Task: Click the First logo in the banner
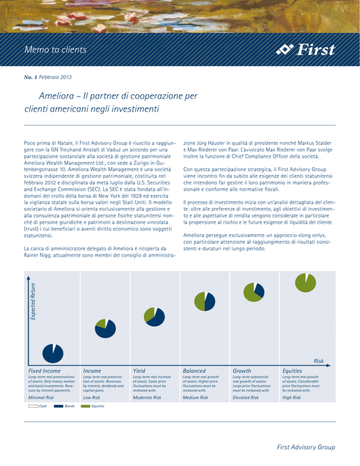click(x=306, y=49)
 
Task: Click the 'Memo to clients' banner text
click(x=55, y=49)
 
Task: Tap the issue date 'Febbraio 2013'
click(x=55, y=77)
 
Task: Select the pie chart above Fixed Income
click(x=53, y=353)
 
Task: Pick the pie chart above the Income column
click(x=105, y=328)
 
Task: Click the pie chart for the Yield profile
click(x=154, y=317)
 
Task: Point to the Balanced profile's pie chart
click(x=204, y=301)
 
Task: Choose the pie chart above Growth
click(x=254, y=292)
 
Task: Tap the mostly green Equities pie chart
click(x=305, y=283)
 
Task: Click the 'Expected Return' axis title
click(x=33, y=301)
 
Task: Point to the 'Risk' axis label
click(x=319, y=361)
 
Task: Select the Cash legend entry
click(x=38, y=406)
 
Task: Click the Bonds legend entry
click(x=64, y=406)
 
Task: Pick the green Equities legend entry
click(x=93, y=406)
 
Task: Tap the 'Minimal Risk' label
click(x=41, y=398)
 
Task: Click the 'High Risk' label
click(x=292, y=398)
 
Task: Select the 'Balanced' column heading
click(x=194, y=371)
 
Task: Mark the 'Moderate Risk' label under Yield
click(x=147, y=398)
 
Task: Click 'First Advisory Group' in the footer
click(x=306, y=447)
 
